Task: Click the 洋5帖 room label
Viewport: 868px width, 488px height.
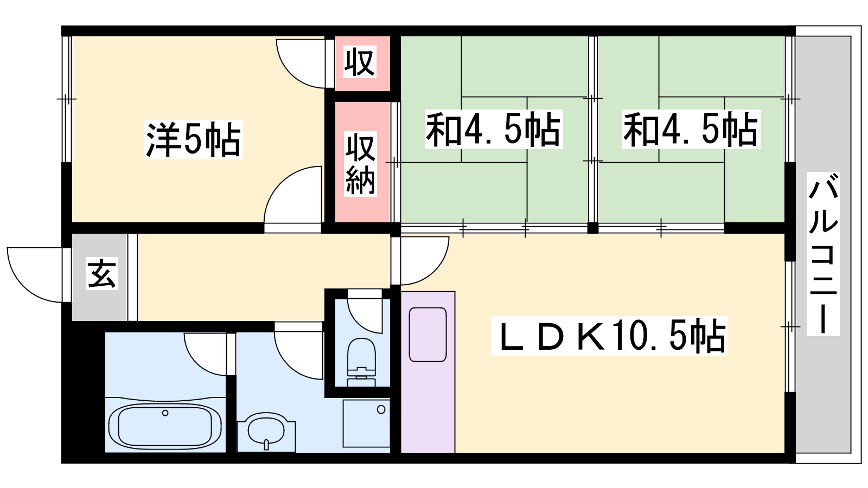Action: (193, 139)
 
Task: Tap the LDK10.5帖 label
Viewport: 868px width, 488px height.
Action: (610, 336)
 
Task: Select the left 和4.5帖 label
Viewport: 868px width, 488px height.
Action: (493, 130)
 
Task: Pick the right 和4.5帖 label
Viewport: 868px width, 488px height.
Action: (691, 130)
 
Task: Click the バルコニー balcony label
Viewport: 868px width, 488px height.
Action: (823, 254)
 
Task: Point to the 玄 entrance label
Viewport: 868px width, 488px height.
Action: (102, 274)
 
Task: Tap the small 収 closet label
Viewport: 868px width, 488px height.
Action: (360, 61)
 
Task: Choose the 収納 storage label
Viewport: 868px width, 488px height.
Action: (360, 164)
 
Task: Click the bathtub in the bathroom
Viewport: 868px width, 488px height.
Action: (165, 425)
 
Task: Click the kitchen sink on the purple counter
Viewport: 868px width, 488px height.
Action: (428, 335)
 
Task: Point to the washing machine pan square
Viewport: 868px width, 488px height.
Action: (366, 423)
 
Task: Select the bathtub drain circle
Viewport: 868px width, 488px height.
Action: (165, 413)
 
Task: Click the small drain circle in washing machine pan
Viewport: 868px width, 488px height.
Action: (381, 409)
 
